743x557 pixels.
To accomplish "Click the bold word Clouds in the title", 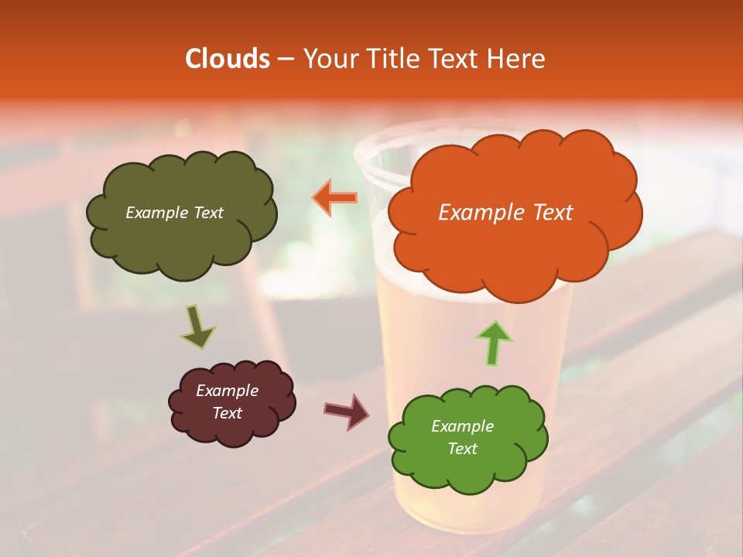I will point(227,59).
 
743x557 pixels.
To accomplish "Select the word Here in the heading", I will point(519,59).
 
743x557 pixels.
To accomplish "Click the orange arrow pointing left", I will point(335,198).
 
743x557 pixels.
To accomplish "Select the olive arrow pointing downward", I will point(198,327).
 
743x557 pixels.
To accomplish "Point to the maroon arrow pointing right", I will point(347,410).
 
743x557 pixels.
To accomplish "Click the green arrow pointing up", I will point(495,343).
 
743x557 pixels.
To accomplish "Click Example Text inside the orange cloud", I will point(505,213).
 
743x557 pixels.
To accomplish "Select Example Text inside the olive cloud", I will point(174,213).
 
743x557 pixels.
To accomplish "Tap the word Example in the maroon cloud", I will point(228,391).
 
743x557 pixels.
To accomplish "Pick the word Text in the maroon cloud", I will point(228,413).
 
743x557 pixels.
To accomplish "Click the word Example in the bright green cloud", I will point(462,426).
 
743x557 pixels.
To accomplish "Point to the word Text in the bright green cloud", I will point(462,449).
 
